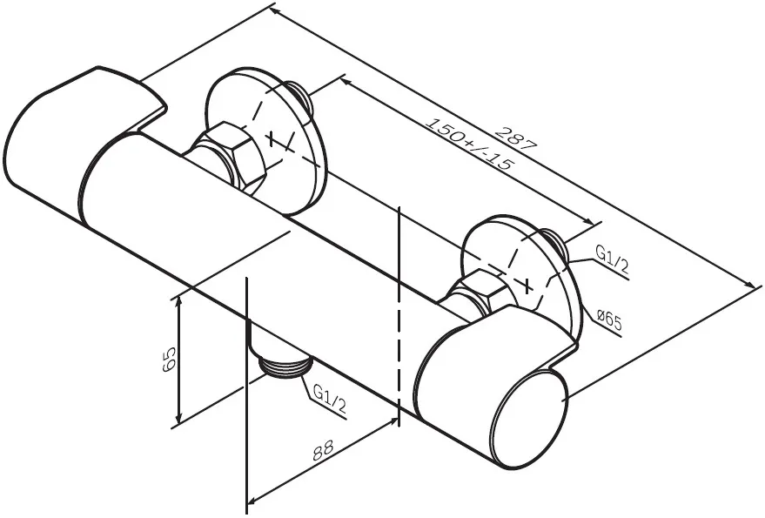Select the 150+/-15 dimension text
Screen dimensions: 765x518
click(470, 144)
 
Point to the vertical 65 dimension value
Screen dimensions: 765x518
click(169, 360)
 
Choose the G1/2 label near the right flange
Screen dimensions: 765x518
click(612, 259)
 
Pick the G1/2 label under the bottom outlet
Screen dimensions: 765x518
click(329, 398)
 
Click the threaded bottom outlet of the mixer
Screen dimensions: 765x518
click(284, 367)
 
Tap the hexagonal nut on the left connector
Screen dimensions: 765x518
click(229, 154)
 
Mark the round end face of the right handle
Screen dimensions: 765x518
click(528, 416)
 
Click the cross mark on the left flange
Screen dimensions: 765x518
click(272, 138)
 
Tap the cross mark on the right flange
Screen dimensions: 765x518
click(527, 285)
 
